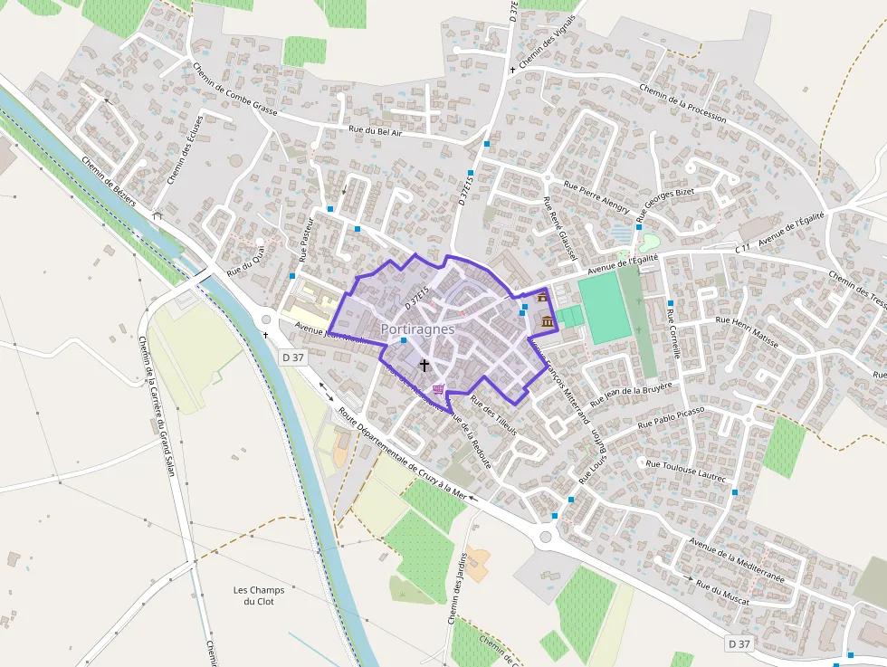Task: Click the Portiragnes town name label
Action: tap(417, 329)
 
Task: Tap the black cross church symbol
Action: tap(424, 364)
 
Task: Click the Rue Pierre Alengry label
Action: tap(596, 197)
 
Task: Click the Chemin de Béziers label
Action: tap(108, 182)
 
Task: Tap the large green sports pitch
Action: tap(601, 308)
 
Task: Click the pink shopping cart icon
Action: tap(439, 389)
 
